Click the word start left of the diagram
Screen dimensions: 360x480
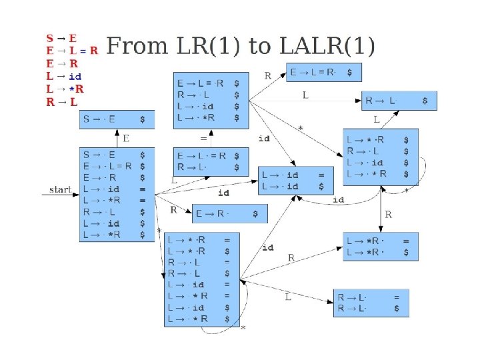60,190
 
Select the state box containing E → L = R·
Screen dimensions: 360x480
324,71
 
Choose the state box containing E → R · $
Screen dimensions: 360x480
229,214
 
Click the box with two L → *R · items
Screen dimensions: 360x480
381,247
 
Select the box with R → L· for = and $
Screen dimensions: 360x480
371,303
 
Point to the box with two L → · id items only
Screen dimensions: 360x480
295,180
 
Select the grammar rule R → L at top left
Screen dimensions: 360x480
61,102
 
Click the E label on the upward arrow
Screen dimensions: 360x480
125,139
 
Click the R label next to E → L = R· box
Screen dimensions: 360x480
267,75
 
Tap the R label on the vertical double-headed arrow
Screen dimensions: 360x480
389,215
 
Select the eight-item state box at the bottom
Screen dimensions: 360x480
201,280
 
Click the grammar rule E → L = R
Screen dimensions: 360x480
71,50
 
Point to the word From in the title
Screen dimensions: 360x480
138,46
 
